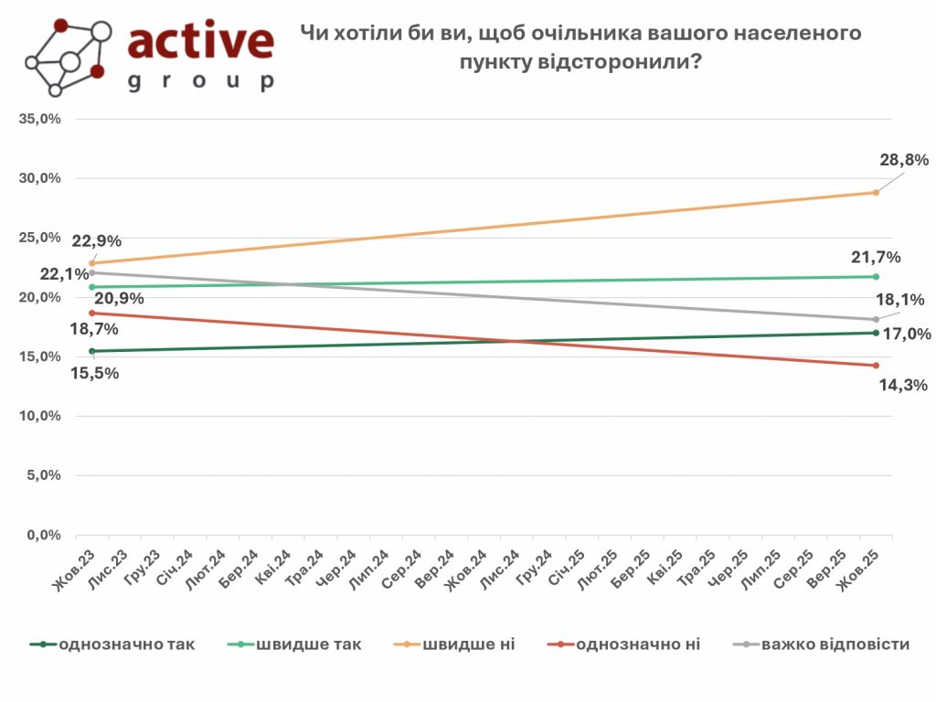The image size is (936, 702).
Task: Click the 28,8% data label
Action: [902, 160]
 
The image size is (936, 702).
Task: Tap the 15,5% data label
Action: [95, 373]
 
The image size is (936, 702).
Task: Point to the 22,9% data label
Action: [96, 241]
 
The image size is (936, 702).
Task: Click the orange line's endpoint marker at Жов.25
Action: [876, 193]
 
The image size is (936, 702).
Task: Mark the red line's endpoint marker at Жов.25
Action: [876, 366]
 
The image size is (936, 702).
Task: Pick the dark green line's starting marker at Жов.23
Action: [91, 351]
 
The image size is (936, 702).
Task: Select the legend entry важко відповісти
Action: [835, 644]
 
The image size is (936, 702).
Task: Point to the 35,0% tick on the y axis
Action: [40, 119]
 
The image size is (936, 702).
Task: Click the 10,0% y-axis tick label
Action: [40, 416]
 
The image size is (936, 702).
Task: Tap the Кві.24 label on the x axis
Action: [273, 569]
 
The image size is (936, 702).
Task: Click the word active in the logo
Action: [201, 41]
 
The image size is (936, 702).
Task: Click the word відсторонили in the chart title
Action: [598, 62]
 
